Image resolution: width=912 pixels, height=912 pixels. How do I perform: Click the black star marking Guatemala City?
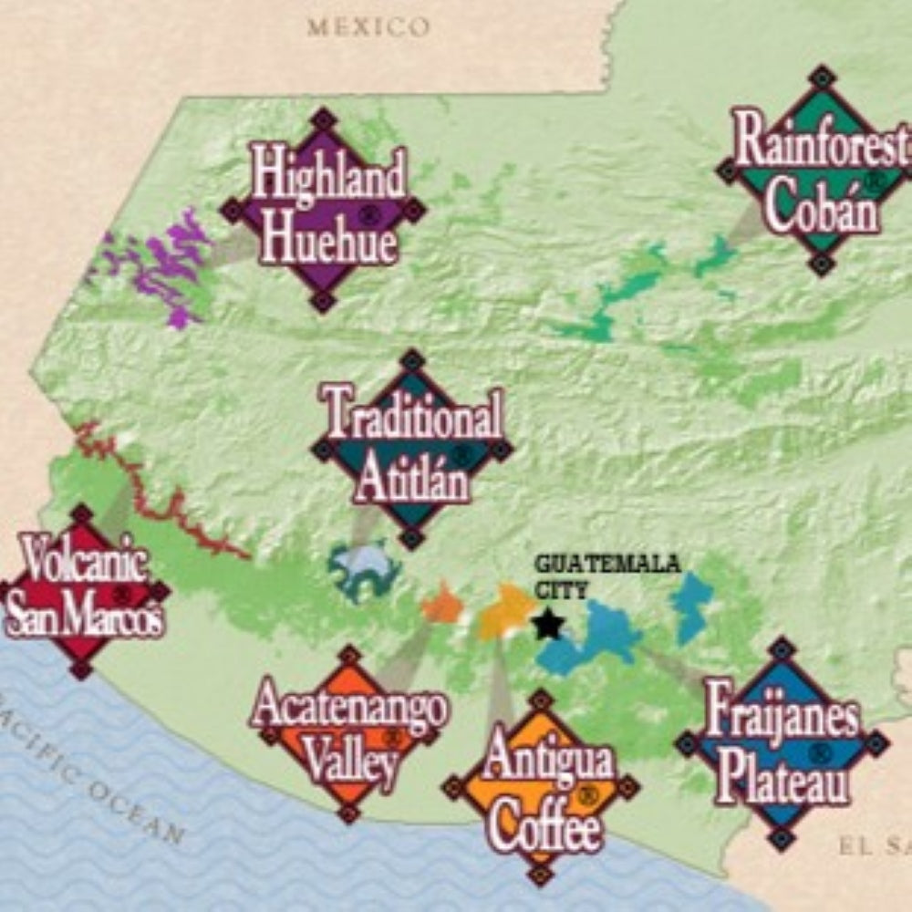[x=547, y=625]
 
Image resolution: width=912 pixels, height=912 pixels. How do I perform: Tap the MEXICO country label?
[x=368, y=26]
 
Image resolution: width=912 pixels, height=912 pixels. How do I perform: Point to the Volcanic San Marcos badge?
[x=82, y=591]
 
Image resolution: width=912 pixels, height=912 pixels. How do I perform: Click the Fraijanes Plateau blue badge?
[x=782, y=743]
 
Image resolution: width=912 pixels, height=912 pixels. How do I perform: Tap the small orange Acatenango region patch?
[x=443, y=605]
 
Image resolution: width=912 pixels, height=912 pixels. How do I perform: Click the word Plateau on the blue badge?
[x=782, y=782]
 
